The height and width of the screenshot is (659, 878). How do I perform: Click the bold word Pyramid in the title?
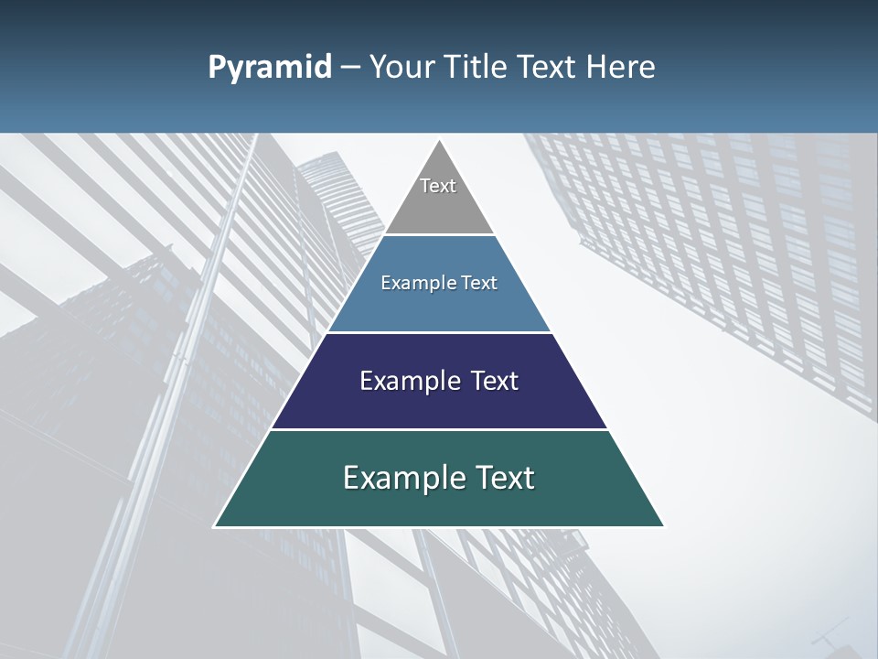click(x=270, y=68)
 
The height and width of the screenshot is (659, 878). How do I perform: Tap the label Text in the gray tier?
click(x=438, y=186)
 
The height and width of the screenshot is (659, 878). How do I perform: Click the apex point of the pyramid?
click(x=439, y=141)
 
